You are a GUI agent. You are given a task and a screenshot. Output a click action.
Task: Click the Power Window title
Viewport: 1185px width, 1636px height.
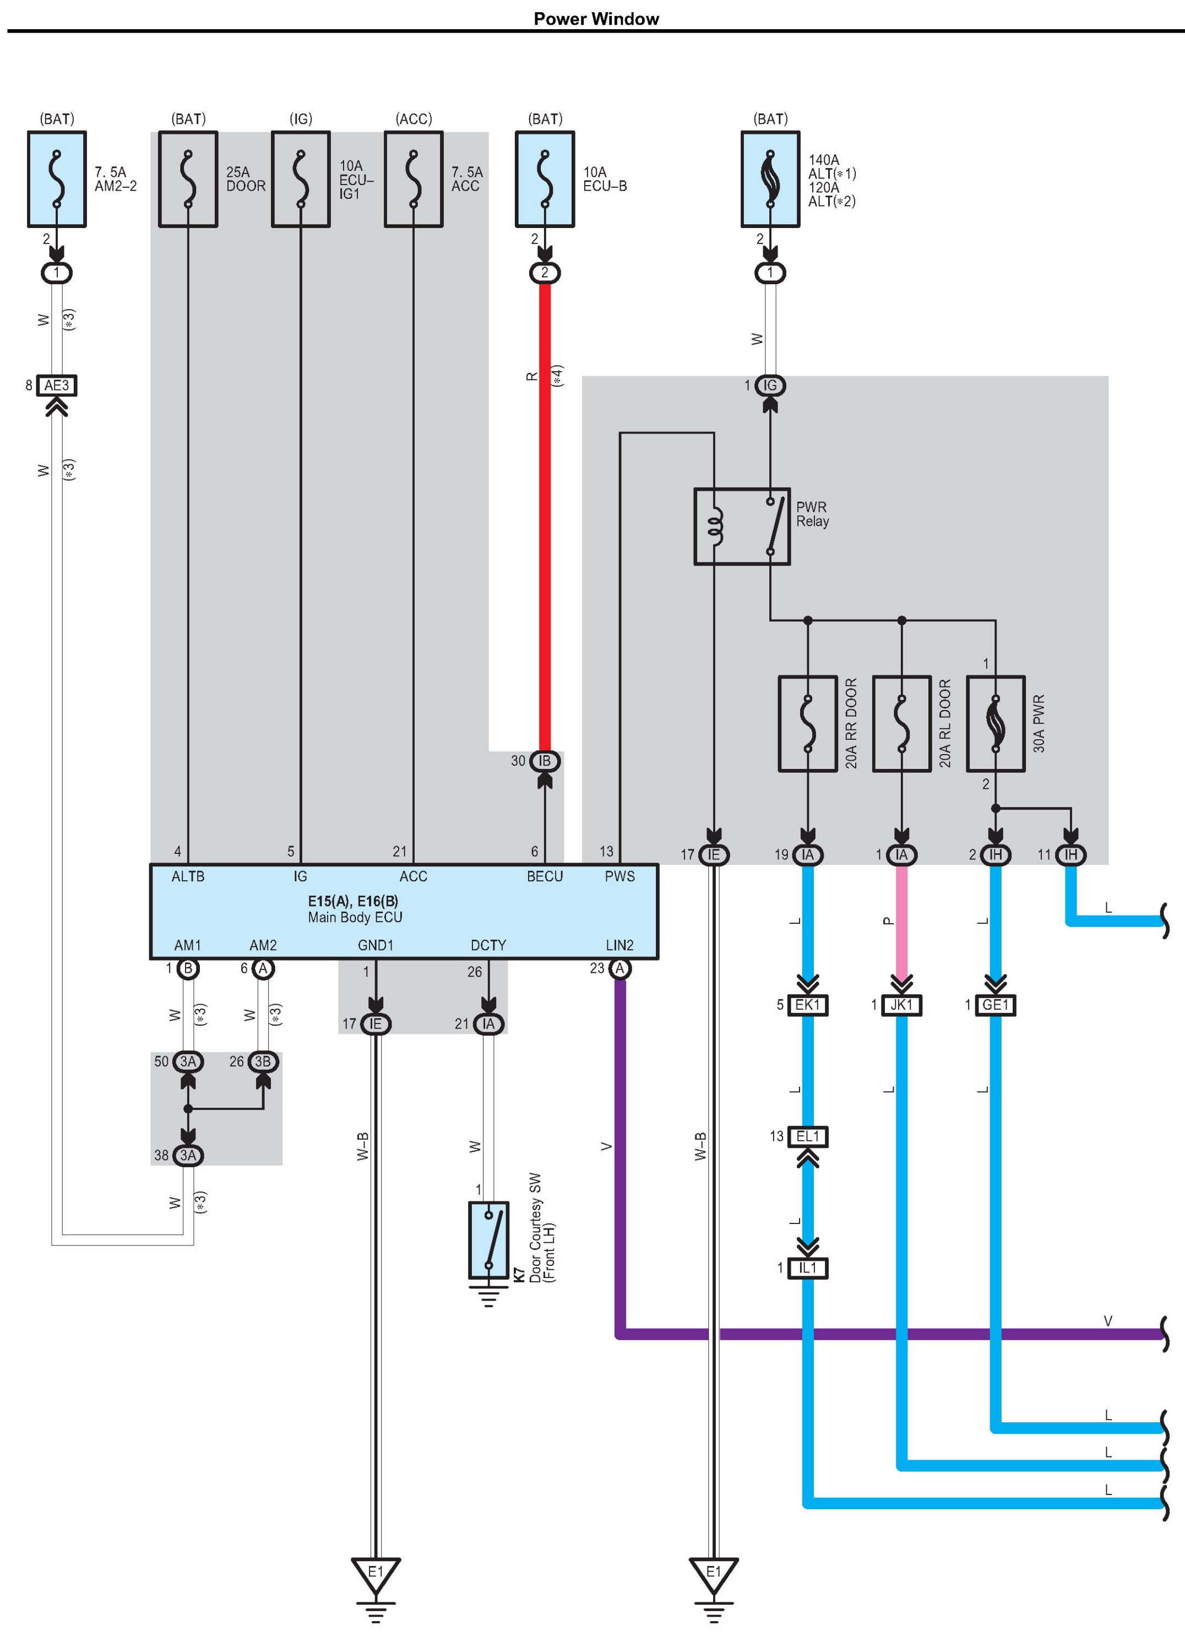click(x=596, y=19)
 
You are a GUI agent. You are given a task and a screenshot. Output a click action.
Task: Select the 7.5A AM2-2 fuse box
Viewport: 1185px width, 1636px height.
click(x=57, y=179)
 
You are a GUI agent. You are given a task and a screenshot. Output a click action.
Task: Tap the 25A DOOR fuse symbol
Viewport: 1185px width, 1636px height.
click(x=188, y=179)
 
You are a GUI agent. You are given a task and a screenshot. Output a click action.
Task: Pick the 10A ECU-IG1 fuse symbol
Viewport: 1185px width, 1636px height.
click(x=301, y=179)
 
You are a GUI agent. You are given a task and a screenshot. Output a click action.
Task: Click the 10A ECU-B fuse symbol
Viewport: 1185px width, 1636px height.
click(x=545, y=179)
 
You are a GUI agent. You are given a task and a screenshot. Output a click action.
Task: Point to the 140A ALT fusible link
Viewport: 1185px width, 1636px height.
click(x=770, y=179)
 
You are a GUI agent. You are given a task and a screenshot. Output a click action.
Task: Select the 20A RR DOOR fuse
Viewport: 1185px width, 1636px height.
click(x=808, y=723)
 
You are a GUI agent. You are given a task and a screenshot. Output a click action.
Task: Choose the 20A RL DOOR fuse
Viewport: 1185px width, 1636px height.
click(x=901, y=723)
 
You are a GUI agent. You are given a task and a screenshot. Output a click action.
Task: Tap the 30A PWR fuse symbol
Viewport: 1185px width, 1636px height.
click(x=996, y=723)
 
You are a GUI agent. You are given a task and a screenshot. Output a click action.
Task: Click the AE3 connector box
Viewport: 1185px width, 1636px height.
click(x=57, y=385)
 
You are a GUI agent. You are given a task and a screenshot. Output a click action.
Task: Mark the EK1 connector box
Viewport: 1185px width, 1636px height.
click(x=808, y=1005)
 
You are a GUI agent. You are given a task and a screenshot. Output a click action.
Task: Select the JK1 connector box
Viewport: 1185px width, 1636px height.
click(x=901, y=1005)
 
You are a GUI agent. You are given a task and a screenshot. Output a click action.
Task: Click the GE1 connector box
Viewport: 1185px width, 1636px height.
click(x=996, y=1005)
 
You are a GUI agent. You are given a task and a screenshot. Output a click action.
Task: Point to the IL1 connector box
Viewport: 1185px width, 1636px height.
click(x=808, y=1267)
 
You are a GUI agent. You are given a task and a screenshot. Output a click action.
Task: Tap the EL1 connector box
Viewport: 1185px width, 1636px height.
click(x=808, y=1136)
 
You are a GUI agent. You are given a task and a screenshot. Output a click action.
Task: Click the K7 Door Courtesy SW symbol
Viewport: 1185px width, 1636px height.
click(x=489, y=1239)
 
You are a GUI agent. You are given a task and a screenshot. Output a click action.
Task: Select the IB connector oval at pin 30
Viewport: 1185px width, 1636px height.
click(x=545, y=760)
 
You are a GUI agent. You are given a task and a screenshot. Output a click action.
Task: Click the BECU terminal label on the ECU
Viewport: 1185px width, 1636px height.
click(x=545, y=876)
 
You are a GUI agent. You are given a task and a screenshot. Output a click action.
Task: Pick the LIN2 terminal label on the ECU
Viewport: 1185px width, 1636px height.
click(x=619, y=945)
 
